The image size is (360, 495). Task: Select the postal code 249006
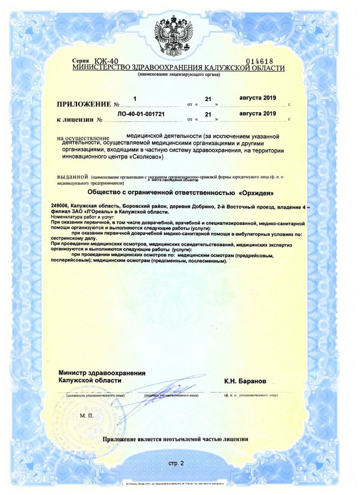[x=59, y=206]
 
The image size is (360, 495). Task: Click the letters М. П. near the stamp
[x=87, y=415]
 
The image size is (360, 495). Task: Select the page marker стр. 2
[x=176, y=463]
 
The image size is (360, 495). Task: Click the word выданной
[x=73, y=176]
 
